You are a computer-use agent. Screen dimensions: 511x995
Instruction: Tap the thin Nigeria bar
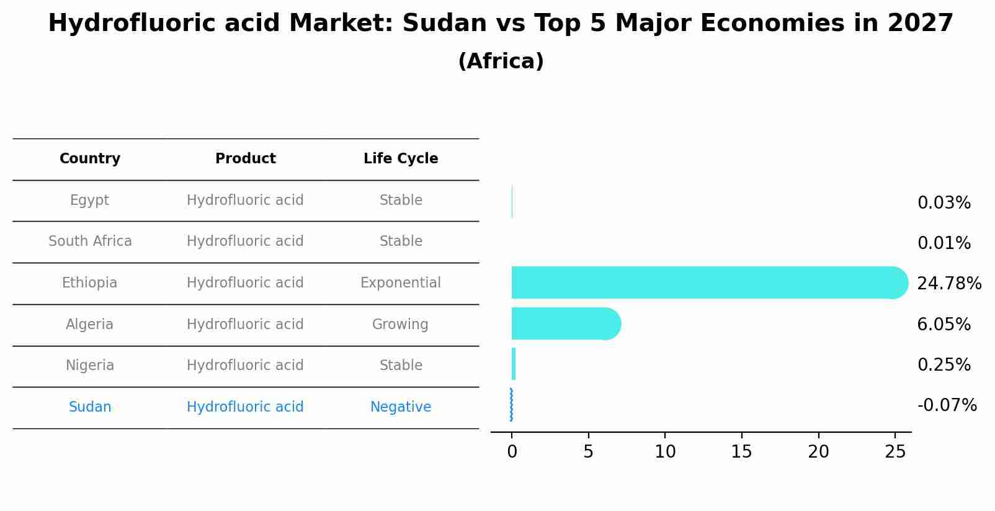(x=514, y=364)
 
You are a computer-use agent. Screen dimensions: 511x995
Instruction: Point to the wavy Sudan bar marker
(x=511, y=405)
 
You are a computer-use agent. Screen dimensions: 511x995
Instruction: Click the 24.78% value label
(x=948, y=284)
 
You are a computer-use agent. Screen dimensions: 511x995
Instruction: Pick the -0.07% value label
(x=947, y=405)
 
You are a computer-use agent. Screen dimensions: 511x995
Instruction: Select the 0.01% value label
(x=944, y=243)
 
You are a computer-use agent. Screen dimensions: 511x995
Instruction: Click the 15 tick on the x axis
(x=741, y=452)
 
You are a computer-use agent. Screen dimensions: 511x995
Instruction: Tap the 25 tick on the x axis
(x=895, y=452)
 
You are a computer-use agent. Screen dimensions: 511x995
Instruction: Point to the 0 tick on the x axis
(x=512, y=452)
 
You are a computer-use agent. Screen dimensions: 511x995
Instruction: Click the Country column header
(x=90, y=159)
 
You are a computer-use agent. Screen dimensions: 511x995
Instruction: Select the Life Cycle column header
(x=401, y=159)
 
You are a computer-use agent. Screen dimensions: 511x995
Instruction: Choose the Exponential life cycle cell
(x=401, y=283)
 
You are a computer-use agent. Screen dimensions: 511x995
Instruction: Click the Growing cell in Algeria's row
(x=400, y=324)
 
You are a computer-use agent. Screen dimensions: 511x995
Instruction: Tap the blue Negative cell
(x=401, y=407)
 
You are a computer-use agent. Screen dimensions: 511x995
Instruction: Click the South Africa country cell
(x=90, y=242)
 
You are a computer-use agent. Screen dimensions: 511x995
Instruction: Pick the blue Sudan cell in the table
(x=90, y=407)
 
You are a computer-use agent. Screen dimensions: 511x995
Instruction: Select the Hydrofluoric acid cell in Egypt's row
(x=245, y=201)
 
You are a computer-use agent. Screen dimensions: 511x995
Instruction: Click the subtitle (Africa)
(x=501, y=61)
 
